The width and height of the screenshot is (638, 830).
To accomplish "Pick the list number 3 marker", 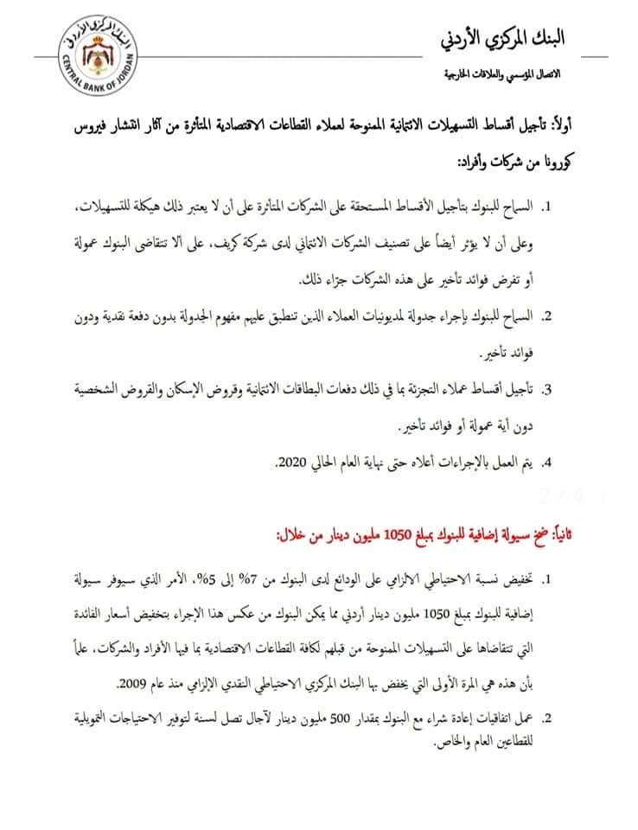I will (547, 390).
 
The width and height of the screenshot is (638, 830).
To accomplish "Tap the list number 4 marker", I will (547, 464).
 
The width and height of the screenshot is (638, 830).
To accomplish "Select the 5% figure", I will (193, 576).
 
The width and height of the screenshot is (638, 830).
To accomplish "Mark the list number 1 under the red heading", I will (547, 576).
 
